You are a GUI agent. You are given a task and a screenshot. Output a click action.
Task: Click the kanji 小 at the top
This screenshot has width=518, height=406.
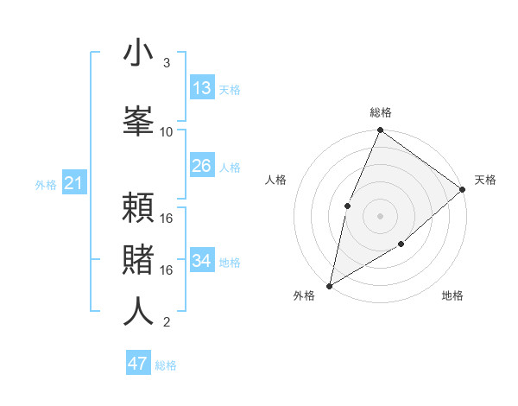[x=138, y=53]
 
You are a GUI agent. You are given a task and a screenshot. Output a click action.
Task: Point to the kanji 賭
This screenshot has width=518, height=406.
[x=138, y=259]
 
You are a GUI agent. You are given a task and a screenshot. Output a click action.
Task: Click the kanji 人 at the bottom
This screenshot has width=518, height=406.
[x=138, y=311]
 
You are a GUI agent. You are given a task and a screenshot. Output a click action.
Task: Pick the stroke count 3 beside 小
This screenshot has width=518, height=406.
[x=167, y=63]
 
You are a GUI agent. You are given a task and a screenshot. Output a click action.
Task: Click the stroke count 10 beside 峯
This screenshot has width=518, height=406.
[x=167, y=131]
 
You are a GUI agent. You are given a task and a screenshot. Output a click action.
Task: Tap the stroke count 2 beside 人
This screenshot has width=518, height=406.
[x=167, y=322]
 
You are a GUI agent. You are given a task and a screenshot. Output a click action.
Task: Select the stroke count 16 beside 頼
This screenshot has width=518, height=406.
[x=167, y=218]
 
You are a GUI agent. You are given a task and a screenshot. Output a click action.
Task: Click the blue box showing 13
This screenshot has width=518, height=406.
[x=202, y=88]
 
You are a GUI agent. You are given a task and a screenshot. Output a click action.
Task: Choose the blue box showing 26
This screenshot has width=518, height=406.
[x=202, y=166]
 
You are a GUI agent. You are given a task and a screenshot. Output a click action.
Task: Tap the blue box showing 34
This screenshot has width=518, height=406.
[x=202, y=261]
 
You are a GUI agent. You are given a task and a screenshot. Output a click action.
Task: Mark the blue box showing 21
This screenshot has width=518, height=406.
[x=73, y=183]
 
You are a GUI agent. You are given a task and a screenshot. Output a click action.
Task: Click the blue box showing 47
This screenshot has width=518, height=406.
[x=138, y=364]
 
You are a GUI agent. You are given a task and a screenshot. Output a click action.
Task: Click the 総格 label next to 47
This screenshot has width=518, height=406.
[x=166, y=365]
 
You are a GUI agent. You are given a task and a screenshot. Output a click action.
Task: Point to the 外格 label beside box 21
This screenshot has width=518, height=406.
[x=46, y=185]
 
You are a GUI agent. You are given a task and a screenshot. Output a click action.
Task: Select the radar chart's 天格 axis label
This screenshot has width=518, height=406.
[x=485, y=180]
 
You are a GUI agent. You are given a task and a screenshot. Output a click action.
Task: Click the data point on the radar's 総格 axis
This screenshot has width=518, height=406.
[x=380, y=131]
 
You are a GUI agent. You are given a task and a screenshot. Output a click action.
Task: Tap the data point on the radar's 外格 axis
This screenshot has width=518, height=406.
[x=330, y=285]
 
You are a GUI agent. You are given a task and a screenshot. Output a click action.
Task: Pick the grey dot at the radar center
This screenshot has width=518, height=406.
[x=380, y=215]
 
